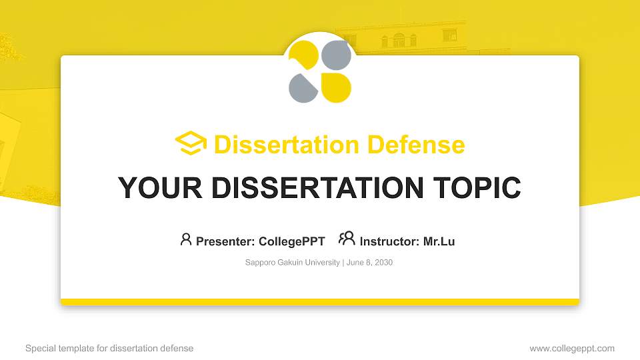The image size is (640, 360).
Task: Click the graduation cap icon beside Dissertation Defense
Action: click(191, 143)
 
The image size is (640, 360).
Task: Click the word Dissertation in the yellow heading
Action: click(287, 145)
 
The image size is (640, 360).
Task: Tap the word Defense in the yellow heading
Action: click(416, 145)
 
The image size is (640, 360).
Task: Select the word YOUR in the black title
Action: click(160, 188)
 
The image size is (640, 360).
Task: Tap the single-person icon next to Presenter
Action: click(186, 239)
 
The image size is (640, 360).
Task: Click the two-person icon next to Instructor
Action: click(347, 239)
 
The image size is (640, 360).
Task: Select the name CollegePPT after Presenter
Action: click(292, 241)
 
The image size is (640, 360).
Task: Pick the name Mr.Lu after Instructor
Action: click(439, 241)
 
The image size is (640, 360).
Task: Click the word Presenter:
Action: click(225, 241)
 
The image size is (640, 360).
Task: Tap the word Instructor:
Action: click(389, 241)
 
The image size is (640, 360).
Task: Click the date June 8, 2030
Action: click(369, 263)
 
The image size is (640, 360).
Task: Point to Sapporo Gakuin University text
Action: click(292, 263)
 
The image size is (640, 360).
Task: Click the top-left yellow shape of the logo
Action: click(304, 55)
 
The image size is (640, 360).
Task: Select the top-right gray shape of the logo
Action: click(336, 55)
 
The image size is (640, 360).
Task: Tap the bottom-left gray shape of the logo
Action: click(303, 88)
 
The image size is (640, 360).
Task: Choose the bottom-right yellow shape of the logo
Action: click(336, 88)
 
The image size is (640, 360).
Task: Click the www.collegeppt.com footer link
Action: click(572, 349)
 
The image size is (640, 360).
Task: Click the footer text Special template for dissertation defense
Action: click(109, 349)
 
